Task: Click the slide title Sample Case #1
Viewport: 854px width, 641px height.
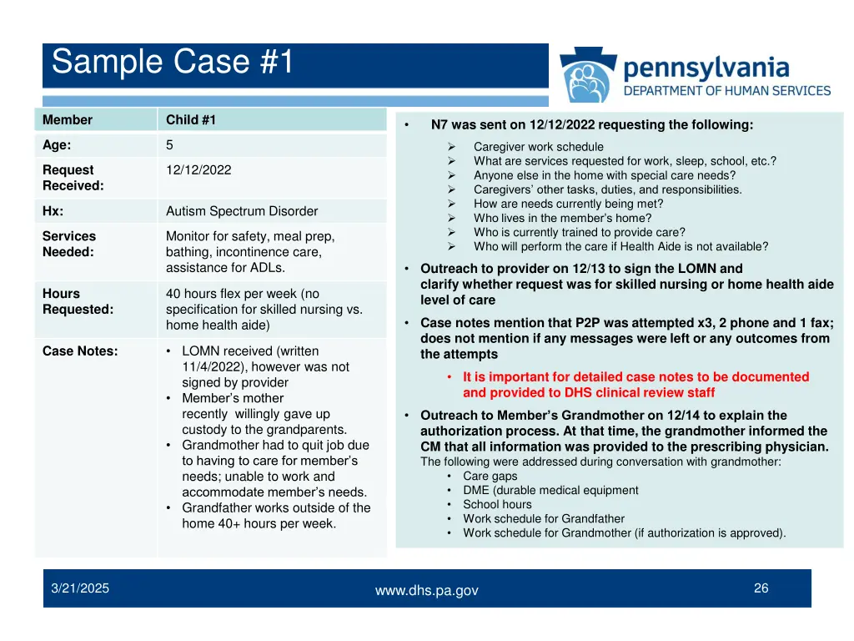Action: pyautogui.click(x=173, y=63)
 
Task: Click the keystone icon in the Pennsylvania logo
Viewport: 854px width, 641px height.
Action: pyautogui.click(x=588, y=76)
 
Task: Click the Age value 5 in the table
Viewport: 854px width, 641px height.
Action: pyautogui.click(x=169, y=144)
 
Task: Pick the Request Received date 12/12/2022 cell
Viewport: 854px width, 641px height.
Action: pyautogui.click(x=198, y=169)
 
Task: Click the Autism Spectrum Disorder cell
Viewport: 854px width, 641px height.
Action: pyautogui.click(x=242, y=211)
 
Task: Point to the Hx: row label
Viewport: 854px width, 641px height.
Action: pyautogui.click(x=53, y=211)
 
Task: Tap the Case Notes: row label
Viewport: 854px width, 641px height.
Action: pyautogui.click(x=80, y=351)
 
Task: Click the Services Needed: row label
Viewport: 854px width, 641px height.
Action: pyautogui.click(x=69, y=244)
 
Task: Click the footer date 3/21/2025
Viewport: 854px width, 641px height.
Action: pyautogui.click(x=80, y=588)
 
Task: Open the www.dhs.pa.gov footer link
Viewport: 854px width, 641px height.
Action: pyautogui.click(x=426, y=591)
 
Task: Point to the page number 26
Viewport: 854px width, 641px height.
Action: pyautogui.click(x=761, y=588)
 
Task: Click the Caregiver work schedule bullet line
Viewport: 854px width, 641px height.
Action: pyautogui.click(x=538, y=147)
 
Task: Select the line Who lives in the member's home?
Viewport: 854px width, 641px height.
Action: pyautogui.click(x=562, y=218)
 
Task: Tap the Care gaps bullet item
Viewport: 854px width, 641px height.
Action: pyautogui.click(x=490, y=477)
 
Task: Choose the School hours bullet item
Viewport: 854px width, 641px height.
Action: pyautogui.click(x=497, y=504)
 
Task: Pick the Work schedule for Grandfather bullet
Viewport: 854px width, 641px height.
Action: pyautogui.click(x=543, y=518)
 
